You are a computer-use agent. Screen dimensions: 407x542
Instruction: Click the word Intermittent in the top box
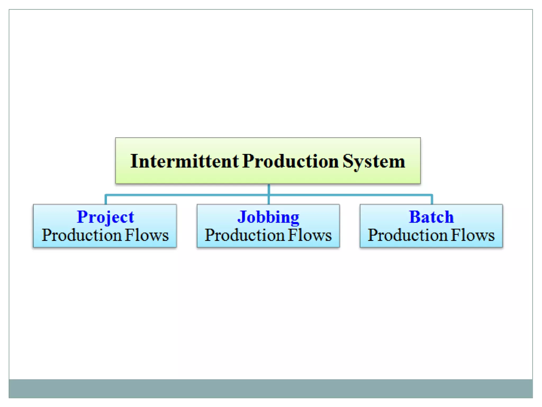184,161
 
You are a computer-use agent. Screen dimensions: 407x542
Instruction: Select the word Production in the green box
290,161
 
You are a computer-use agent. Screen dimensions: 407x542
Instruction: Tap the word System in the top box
374,161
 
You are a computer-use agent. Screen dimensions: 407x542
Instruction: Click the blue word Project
105,217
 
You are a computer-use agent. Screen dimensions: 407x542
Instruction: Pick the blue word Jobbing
268,217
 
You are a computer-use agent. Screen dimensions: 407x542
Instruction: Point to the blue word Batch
431,217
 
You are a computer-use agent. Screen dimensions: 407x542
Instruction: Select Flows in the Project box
147,235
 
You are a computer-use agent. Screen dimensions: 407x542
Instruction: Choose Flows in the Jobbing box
310,235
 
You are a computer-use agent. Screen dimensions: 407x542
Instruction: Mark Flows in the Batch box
473,235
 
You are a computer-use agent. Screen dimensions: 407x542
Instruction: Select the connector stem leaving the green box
269,189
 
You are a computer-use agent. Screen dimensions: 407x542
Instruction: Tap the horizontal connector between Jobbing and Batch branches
349,195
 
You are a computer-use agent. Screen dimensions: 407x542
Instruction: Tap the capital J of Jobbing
241,217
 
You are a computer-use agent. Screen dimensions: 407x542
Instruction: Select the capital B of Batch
414,217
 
